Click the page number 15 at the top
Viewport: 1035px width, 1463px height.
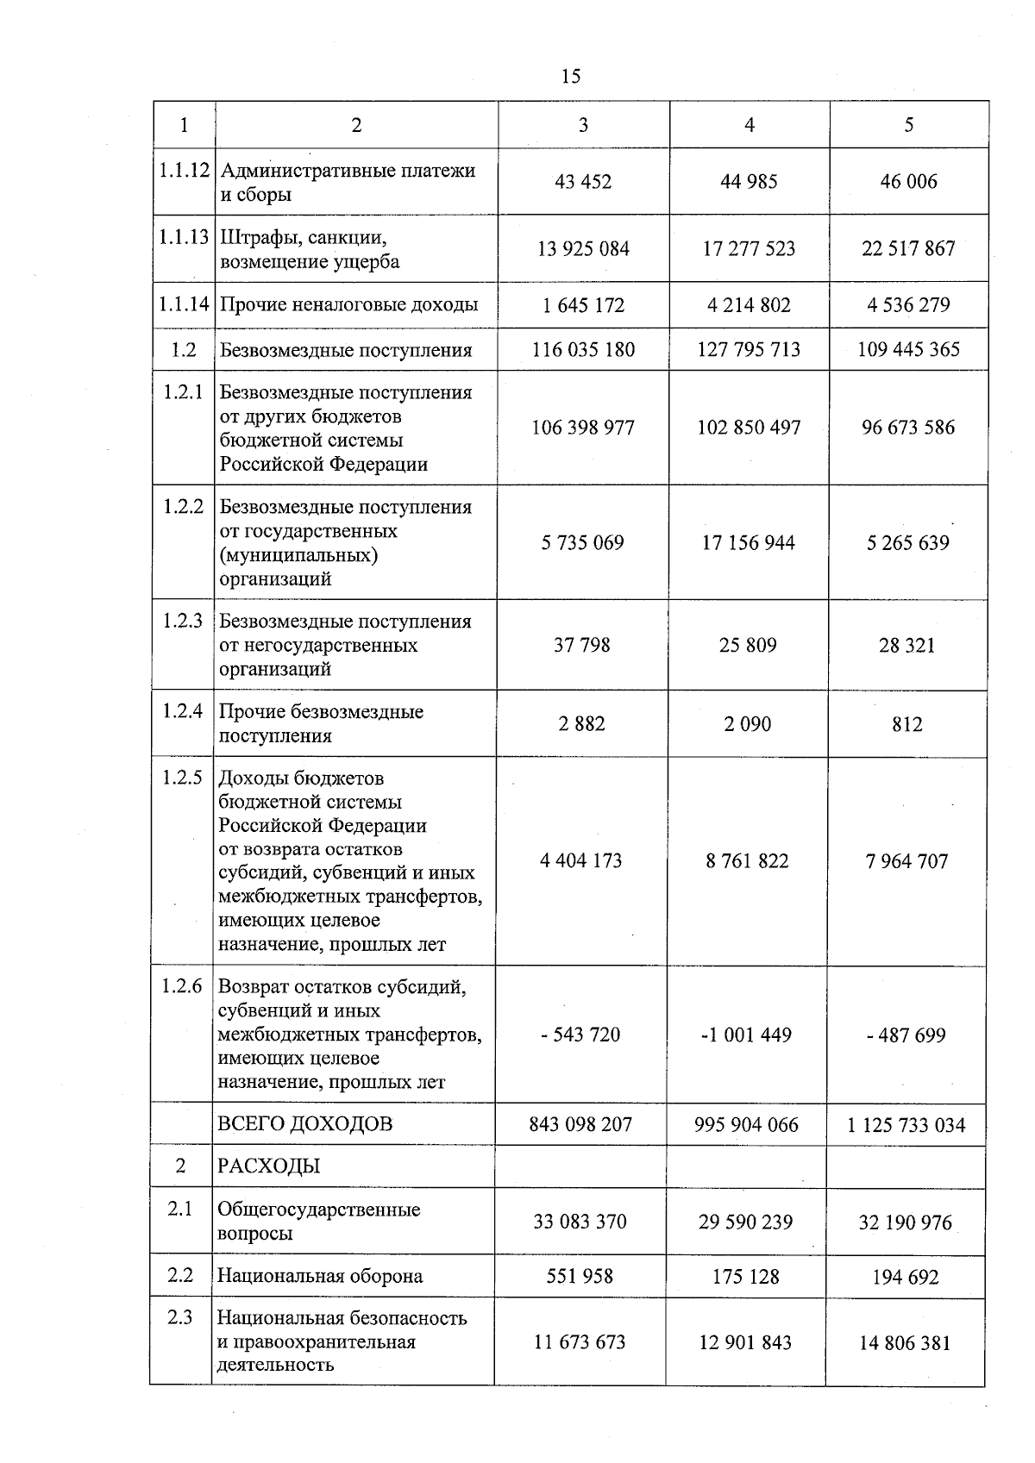[570, 76]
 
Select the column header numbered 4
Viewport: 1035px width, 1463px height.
[749, 125]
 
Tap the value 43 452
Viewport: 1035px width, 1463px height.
[583, 182]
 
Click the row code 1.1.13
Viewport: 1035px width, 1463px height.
[184, 237]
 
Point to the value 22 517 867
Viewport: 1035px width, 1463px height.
[908, 249]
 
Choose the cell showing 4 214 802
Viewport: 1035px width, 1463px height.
[748, 305]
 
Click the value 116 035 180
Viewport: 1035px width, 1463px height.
[583, 350]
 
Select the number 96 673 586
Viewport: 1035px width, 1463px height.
[907, 428]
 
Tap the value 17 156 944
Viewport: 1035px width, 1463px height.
[748, 543]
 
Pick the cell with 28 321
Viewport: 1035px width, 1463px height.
[906, 646]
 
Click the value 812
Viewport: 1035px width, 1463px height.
[906, 724]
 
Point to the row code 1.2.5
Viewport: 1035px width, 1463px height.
[182, 778]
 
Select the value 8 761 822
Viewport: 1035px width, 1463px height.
[747, 861]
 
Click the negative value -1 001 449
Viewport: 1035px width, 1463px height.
[746, 1035]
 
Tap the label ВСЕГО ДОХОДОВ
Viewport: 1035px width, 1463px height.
[304, 1124]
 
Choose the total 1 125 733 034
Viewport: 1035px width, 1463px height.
[906, 1125]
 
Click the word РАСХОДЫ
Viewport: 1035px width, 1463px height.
[268, 1167]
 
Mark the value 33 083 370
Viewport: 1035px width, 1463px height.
[580, 1222]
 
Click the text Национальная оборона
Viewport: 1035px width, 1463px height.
[320, 1277]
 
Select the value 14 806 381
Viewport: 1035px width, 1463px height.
[904, 1343]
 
